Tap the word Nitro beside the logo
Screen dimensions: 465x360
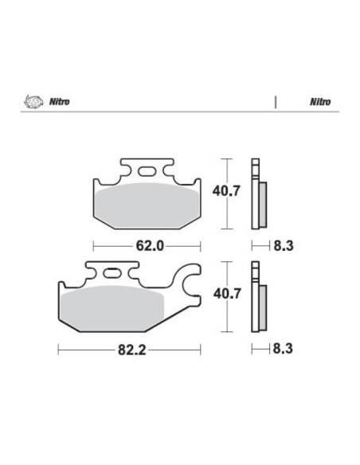57,103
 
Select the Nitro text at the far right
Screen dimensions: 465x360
321,103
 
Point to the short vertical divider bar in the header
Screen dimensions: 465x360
275,103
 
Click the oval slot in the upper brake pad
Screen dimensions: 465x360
147,170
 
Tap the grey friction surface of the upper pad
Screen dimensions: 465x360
146,202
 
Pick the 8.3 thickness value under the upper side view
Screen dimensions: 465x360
284,246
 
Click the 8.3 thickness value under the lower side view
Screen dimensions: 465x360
284,349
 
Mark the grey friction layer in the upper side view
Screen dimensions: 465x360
264,205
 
